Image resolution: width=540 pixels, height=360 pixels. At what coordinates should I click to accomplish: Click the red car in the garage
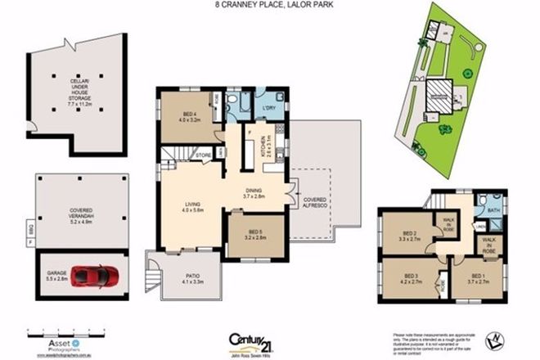(95, 277)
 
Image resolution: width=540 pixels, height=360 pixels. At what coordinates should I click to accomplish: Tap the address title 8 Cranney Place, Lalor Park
(269, 6)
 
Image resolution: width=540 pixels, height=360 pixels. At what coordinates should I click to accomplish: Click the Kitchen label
(265, 145)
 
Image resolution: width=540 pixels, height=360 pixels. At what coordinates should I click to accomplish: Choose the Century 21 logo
(250, 340)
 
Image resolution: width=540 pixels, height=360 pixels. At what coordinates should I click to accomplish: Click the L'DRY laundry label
(268, 107)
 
